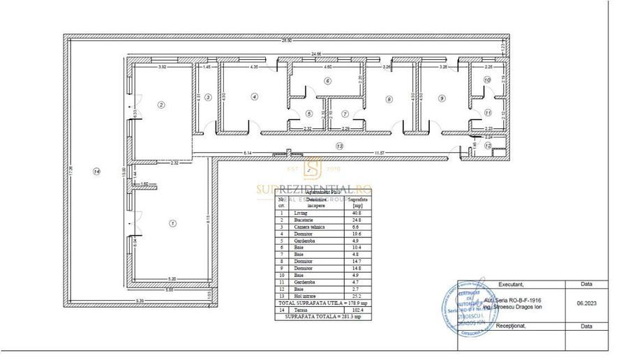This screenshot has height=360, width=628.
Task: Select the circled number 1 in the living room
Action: point(172,223)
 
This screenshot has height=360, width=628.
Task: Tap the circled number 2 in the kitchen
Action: point(161,105)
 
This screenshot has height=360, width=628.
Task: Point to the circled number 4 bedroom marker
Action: point(255,97)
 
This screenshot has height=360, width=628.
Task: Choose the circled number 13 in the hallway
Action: point(339,147)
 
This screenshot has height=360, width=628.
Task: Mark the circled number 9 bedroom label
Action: point(441,98)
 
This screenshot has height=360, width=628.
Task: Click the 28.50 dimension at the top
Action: point(286,40)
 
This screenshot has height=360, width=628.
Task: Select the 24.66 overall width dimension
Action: point(316,53)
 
